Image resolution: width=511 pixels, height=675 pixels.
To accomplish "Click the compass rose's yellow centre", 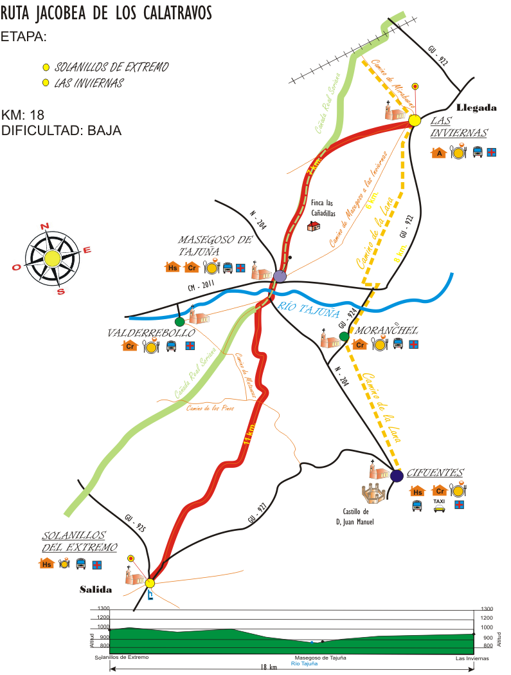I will pyautogui.click(x=52, y=259).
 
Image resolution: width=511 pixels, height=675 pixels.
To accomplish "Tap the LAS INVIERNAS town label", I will pyautogui.click(x=458, y=127).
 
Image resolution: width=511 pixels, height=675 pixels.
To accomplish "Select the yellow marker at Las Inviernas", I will pyautogui.click(x=415, y=120).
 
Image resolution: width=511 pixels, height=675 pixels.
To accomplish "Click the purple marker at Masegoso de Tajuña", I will pyautogui.click(x=279, y=277).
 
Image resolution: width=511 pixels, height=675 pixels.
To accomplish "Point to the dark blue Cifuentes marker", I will pyautogui.click(x=397, y=476).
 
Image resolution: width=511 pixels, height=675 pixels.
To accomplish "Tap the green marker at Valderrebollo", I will pyautogui.click(x=179, y=321).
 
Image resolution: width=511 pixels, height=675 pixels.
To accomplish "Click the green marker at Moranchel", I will pyautogui.click(x=344, y=336).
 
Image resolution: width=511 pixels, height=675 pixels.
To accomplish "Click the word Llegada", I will pyautogui.click(x=476, y=107).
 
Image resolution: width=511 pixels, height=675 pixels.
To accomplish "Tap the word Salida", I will pyautogui.click(x=96, y=589).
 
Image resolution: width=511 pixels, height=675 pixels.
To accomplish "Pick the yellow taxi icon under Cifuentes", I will pyautogui.click(x=439, y=506).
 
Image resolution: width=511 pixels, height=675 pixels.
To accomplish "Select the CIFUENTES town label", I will pyautogui.click(x=435, y=472).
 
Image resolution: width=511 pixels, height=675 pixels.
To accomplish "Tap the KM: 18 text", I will pyautogui.click(x=23, y=115).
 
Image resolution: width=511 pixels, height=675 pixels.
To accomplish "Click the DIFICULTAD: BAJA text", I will pyautogui.click(x=61, y=131).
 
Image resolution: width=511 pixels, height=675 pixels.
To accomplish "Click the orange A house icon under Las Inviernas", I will pyautogui.click(x=439, y=153).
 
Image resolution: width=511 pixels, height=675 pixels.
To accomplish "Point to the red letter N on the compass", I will pyautogui.click(x=44, y=226).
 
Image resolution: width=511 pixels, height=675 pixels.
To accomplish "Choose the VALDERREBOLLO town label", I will pyautogui.click(x=151, y=333).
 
